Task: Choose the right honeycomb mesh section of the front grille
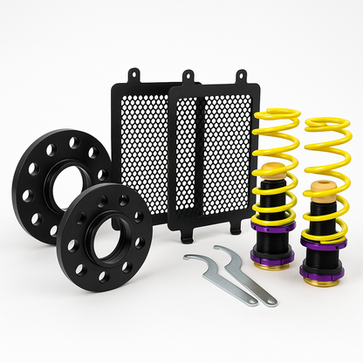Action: (225, 157)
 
